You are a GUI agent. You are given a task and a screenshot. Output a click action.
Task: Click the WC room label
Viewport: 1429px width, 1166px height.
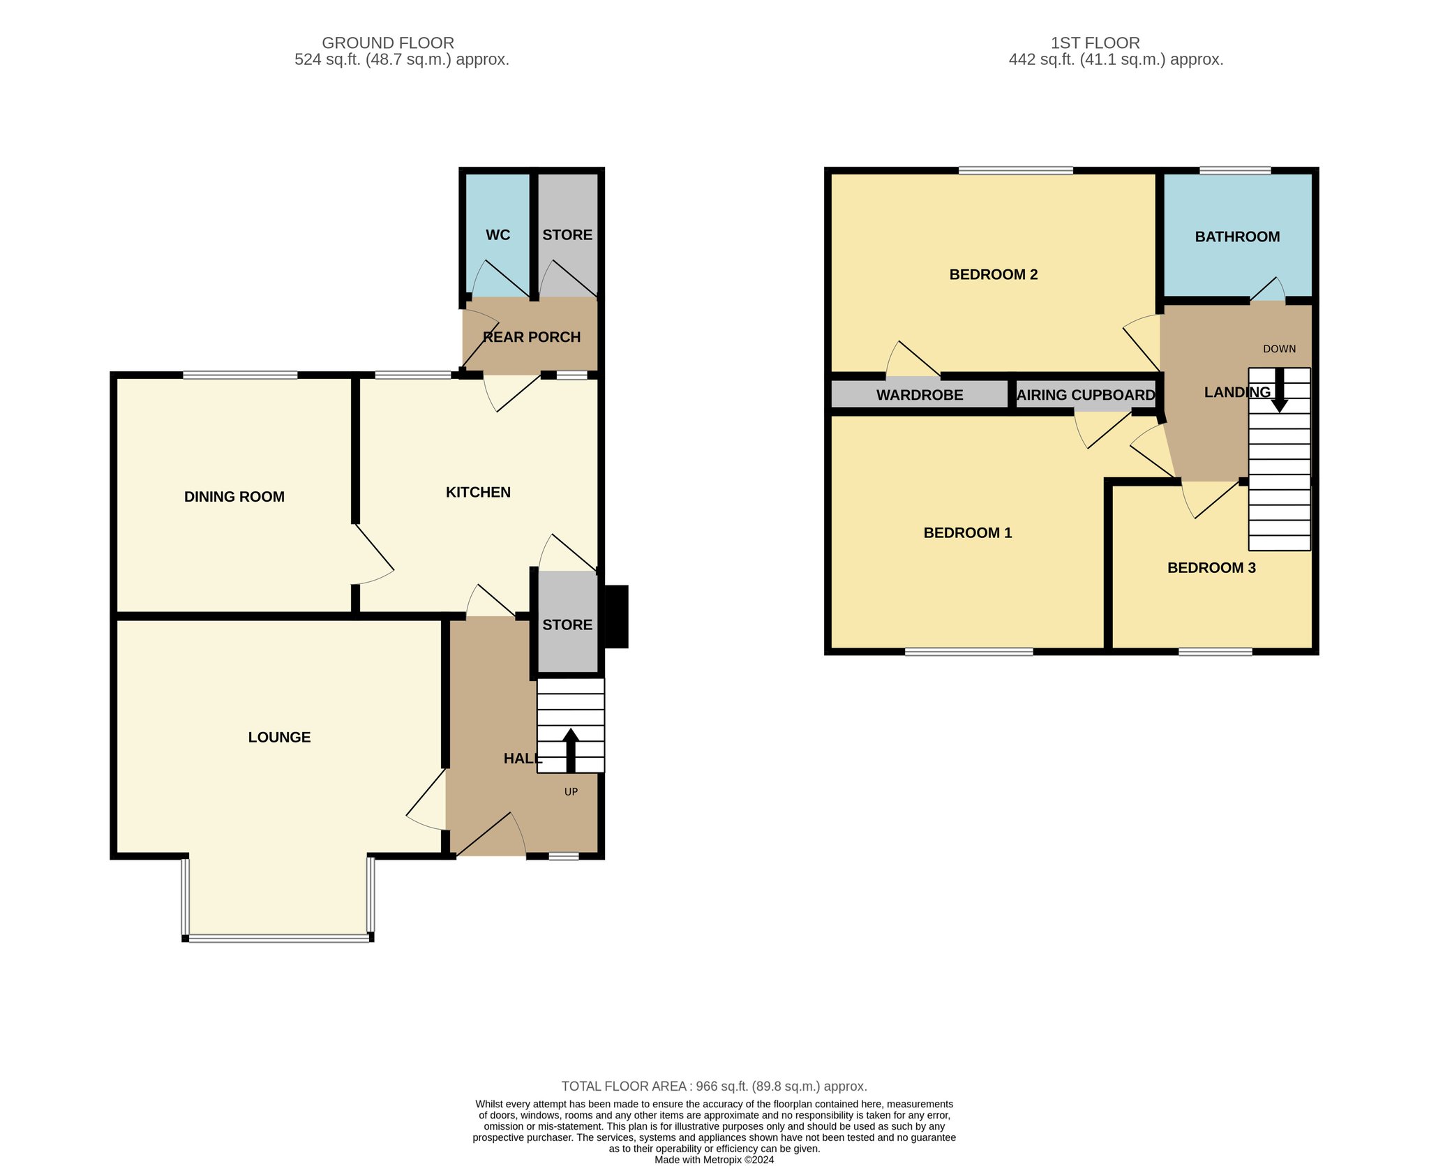click(x=497, y=235)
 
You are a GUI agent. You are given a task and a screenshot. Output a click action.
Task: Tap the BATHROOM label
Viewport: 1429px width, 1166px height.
click(x=1237, y=237)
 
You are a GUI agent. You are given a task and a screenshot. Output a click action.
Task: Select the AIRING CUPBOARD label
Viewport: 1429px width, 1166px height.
click(x=1086, y=395)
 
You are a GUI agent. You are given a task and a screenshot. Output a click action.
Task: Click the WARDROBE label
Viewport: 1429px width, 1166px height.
click(x=920, y=395)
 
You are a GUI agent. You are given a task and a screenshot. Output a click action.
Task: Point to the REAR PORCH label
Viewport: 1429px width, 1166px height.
click(x=532, y=337)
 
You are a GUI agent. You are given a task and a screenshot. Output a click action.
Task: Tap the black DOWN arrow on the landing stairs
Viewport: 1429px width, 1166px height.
click(x=1279, y=390)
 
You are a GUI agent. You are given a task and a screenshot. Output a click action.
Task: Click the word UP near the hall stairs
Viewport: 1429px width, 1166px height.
click(x=571, y=792)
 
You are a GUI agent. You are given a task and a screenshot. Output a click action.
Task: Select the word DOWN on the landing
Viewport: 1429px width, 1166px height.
click(x=1280, y=349)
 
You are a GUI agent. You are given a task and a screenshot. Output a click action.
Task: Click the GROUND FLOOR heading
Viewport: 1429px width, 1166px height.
click(x=388, y=43)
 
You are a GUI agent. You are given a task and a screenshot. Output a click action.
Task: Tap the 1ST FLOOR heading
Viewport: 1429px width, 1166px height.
click(x=1095, y=43)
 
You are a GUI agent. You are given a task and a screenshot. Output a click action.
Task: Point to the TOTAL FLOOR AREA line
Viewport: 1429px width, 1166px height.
click(x=714, y=1086)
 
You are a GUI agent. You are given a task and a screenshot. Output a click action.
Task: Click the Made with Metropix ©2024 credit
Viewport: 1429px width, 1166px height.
click(x=714, y=1160)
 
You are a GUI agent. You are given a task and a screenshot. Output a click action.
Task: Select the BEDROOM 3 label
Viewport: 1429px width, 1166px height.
click(x=1211, y=568)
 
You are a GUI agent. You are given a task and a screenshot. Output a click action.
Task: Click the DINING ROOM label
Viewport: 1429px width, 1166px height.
click(x=234, y=497)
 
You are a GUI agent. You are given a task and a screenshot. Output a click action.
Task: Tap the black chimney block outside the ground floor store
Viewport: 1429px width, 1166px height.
click(x=616, y=617)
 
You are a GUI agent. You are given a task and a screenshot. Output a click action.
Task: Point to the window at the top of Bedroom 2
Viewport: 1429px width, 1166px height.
click(x=1016, y=170)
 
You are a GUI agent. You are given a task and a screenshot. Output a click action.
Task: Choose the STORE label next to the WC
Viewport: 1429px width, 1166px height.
click(x=567, y=235)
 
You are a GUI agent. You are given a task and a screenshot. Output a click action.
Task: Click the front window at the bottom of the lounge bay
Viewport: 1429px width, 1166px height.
click(x=279, y=939)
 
